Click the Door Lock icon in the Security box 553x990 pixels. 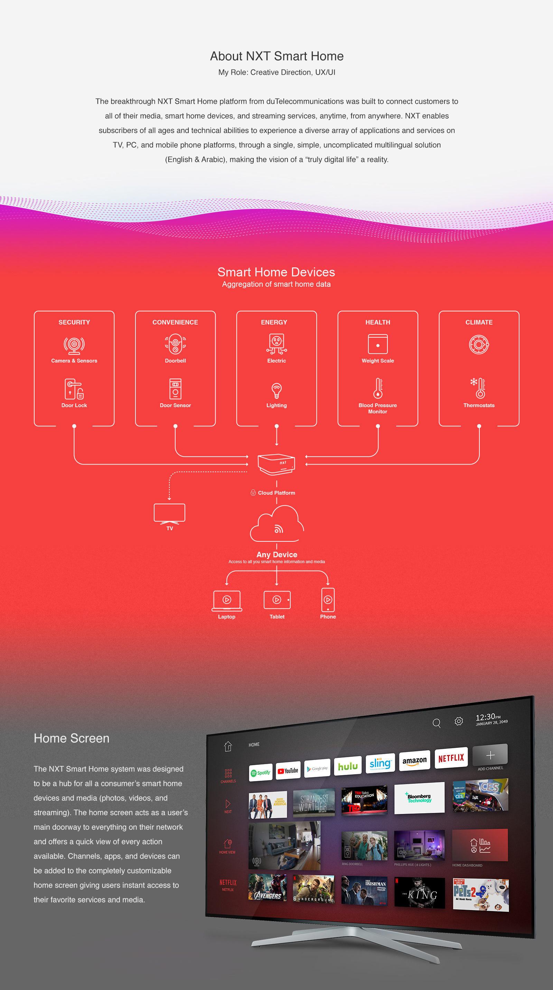74,389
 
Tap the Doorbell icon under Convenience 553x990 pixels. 175,344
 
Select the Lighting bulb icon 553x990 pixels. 276,391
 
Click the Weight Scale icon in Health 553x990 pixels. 377,343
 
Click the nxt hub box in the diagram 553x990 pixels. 276,464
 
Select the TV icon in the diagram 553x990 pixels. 169,513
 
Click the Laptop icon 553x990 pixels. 227,600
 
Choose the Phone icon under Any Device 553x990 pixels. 328,600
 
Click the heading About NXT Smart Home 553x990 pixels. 276,56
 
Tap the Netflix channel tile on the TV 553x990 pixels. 451,758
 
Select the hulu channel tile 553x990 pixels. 348,766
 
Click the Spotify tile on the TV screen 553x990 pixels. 261,772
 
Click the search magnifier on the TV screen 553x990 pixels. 437,723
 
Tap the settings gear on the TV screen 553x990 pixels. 459,721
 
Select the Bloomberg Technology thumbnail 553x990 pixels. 419,798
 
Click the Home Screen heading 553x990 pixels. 72,738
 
